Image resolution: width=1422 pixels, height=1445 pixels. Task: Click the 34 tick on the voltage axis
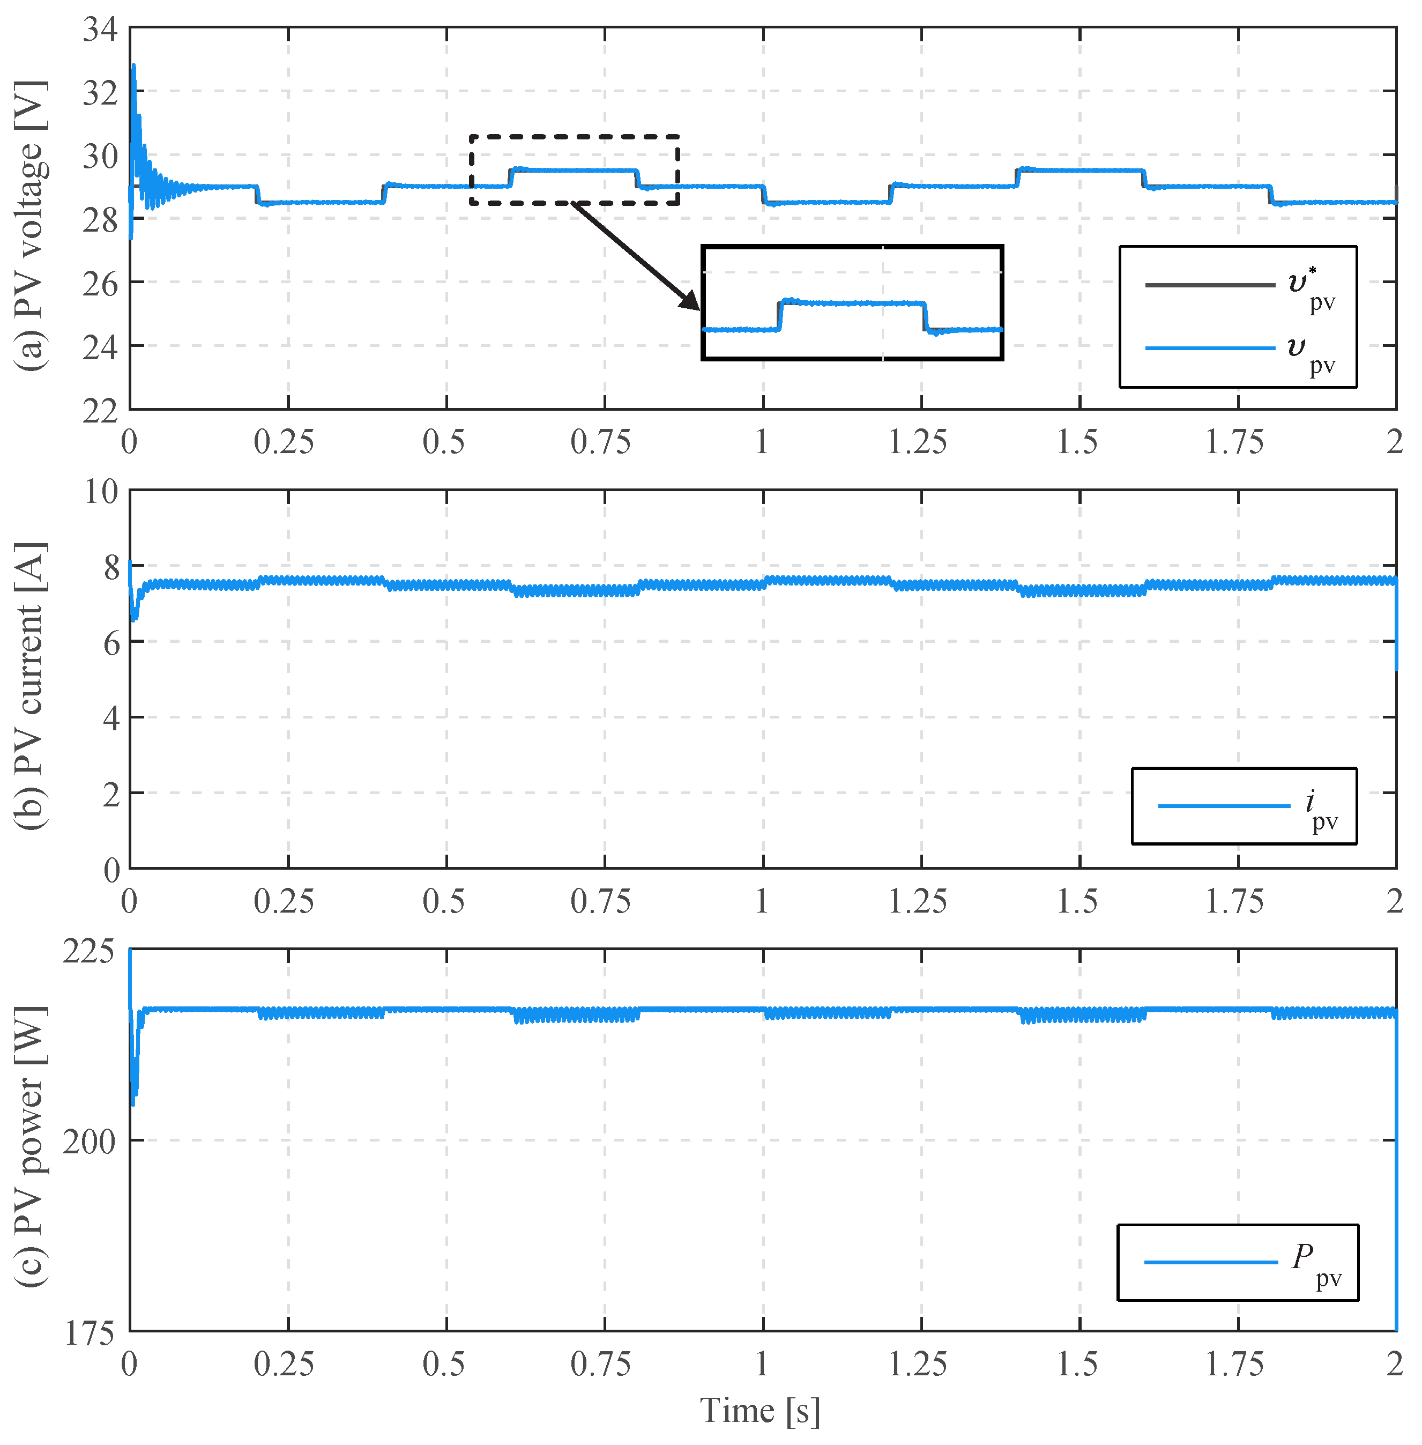coord(100,30)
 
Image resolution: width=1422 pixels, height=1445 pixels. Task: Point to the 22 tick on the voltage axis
coord(100,411)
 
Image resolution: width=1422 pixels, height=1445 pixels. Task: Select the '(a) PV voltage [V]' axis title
coord(32,226)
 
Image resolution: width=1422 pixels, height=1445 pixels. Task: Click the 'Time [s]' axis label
coord(760,1411)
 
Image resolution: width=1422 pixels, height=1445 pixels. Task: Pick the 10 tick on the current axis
coord(100,492)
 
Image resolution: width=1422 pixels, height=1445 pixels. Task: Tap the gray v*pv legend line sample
coord(1210,285)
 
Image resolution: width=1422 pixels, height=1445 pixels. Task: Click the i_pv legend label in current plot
coord(1322,809)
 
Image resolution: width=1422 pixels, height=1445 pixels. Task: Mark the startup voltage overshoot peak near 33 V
coord(133,66)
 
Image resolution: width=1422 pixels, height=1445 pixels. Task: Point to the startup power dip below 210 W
coord(133,1101)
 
